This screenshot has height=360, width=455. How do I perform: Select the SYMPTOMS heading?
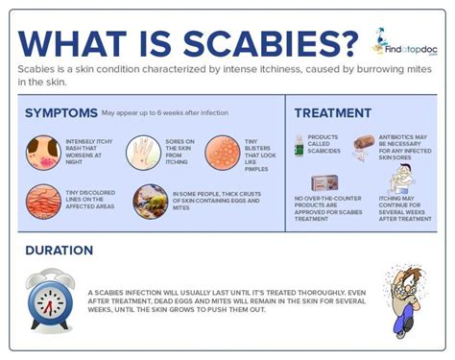pyautogui.click(x=62, y=113)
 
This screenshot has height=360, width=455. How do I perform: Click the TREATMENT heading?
pyautogui.click(x=332, y=112)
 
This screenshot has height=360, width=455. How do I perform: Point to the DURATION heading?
pyautogui.click(x=60, y=250)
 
